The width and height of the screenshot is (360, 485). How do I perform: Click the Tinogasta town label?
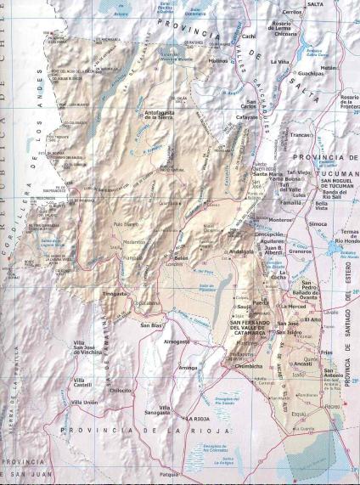coord(115,293)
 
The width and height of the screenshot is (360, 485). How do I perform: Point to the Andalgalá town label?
coord(242,252)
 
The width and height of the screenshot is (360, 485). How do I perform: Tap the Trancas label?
coord(299,134)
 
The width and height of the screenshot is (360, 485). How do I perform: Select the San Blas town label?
coord(151,325)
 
